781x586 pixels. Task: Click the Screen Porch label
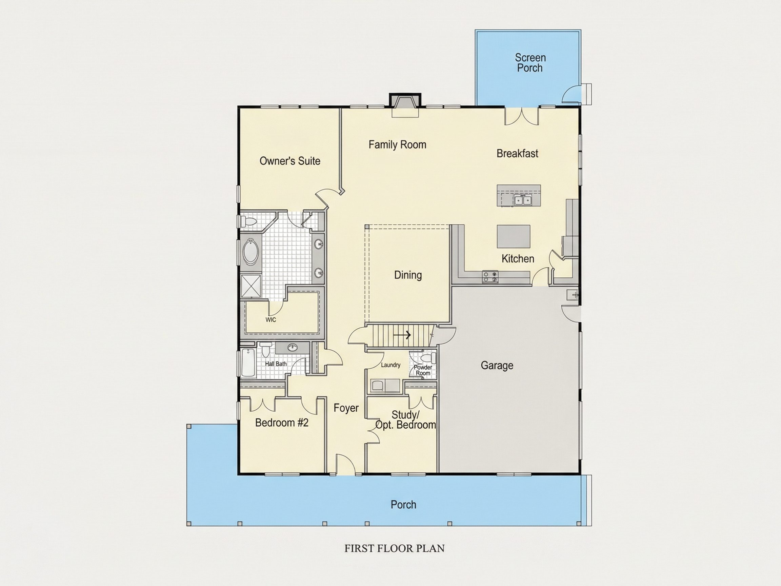pyautogui.click(x=530, y=62)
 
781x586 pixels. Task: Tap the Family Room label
pyautogui.click(x=397, y=145)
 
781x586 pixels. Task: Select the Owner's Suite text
pyautogui.click(x=290, y=161)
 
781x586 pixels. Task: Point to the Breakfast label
pyautogui.click(x=517, y=153)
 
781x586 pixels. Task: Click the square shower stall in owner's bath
pyautogui.click(x=251, y=287)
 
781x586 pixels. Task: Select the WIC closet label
pyautogui.click(x=271, y=320)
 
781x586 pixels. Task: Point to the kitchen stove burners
pyautogui.click(x=490, y=276)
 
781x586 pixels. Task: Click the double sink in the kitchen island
pyautogui.click(x=523, y=200)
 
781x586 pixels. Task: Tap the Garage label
pyautogui.click(x=497, y=365)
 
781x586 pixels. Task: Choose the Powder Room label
pyautogui.click(x=423, y=370)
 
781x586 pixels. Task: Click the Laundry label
pyautogui.click(x=390, y=365)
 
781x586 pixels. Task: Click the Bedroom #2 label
pyautogui.click(x=282, y=423)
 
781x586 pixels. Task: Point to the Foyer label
pyautogui.click(x=346, y=408)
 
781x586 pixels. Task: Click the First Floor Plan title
pyautogui.click(x=394, y=548)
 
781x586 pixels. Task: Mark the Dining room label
pyautogui.click(x=408, y=275)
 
